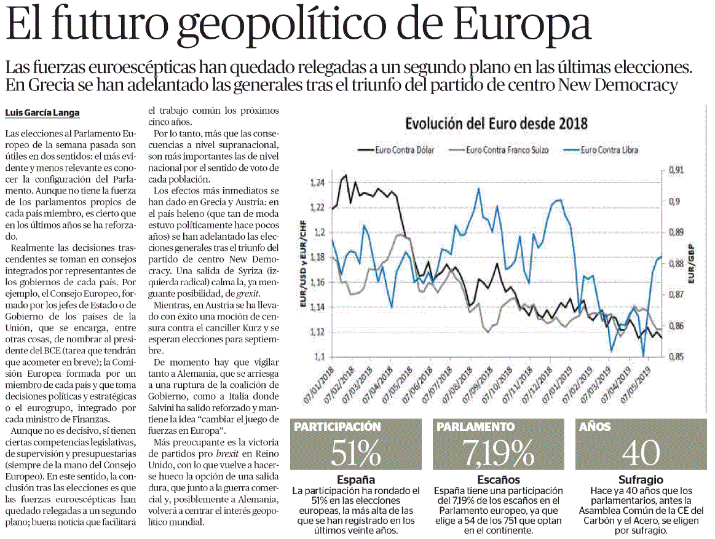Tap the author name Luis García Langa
pos(42,112)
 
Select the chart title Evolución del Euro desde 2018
pos(496,124)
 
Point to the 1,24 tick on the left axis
pos(317,183)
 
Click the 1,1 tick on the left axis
pos(319,356)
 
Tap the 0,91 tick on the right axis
pos(676,170)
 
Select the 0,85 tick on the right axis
pos(676,356)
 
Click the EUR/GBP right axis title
pos(692,264)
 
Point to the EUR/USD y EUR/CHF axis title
pos(302,264)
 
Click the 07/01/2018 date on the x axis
pos(319,385)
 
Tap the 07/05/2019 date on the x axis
pos(636,385)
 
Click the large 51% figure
pos(356,453)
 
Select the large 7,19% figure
pos(499,453)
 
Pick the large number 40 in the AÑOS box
pos(641,453)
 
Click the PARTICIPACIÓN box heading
pos(338,427)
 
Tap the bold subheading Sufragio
pos(641,480)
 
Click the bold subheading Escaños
pos(499,480)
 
